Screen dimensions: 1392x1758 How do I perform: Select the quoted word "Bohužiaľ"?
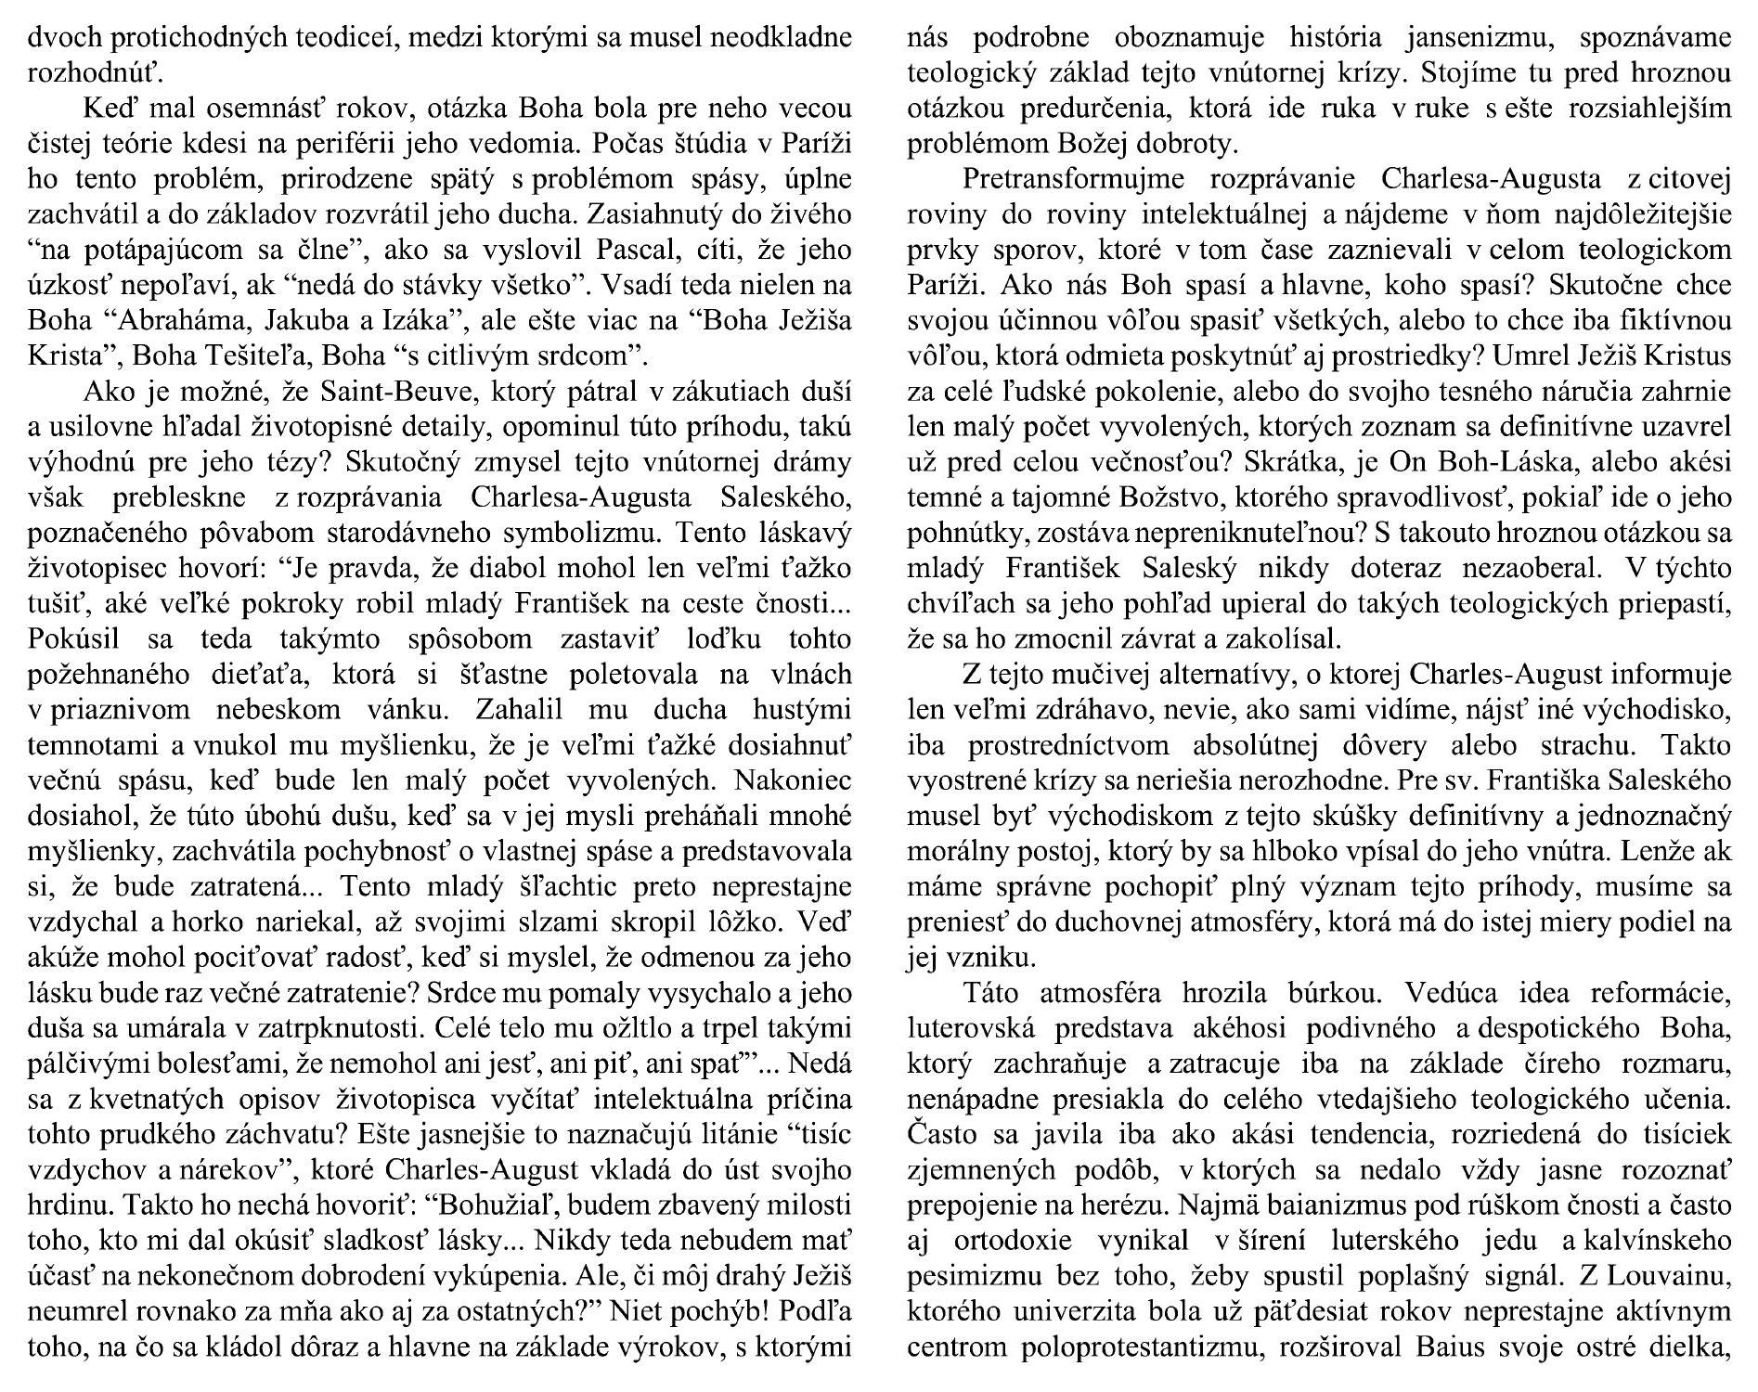(x=492, y=1204)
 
